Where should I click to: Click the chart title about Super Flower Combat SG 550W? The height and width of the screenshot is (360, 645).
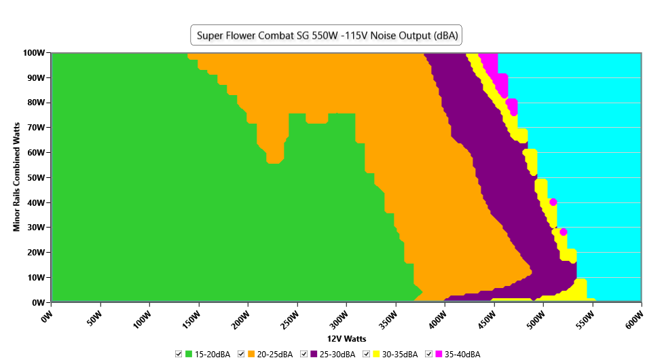pyautogui.click(x=326, y=35)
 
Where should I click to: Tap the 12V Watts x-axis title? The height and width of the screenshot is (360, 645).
pyautogui.click(x=346, y=338)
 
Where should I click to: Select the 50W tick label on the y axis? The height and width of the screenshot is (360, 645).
pyautogui.click(x=36, y=177)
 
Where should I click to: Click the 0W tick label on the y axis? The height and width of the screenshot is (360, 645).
pyautogui.click(x=38, y=302)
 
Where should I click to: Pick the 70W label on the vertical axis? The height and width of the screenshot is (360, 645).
pyautogui.click(x=36, y=128)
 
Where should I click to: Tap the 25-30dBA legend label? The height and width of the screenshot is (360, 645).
pyautogui.click(x=337, y=355)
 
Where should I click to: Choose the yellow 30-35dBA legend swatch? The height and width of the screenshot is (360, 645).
pyautogui.click(x=377, y=355)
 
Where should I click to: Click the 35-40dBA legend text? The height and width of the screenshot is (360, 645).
pyautogui.click(x=462, y=355)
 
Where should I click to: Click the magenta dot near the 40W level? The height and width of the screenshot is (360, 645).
pyautogui.click(x=553, y=202)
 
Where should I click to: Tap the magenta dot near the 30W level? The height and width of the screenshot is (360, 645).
pyautogui.click(x=563, y=232)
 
